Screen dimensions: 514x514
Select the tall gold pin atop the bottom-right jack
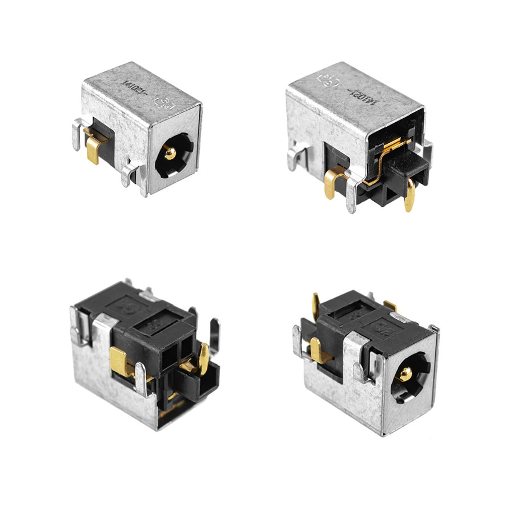315,305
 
